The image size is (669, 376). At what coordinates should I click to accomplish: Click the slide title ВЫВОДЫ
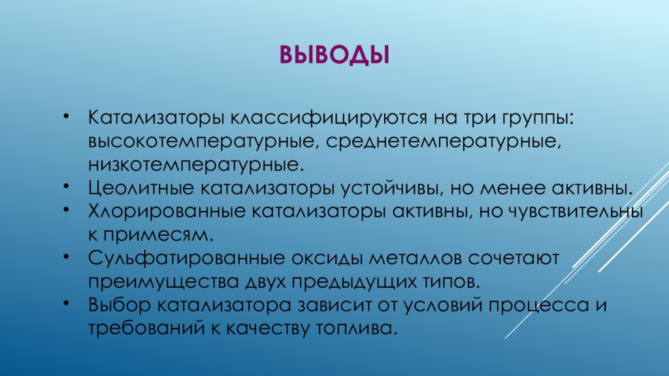tap(334, 55)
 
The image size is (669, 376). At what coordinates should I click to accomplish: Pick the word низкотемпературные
tap(196, 163)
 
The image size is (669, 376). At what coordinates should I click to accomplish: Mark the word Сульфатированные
tap(179, 258)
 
